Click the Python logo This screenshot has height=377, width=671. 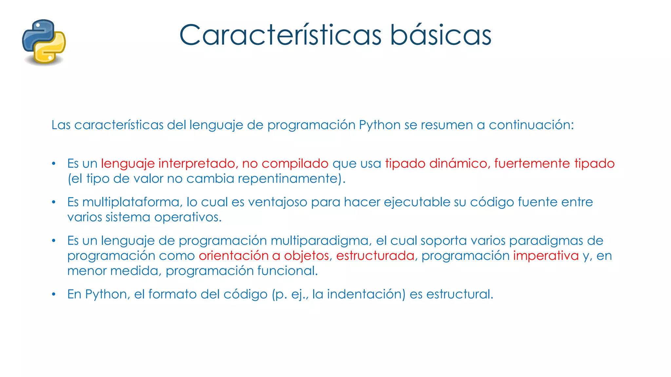(x=44, y=42)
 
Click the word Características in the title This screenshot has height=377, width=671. (x=280, y=35)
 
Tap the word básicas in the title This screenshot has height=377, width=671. (x=441, y=35)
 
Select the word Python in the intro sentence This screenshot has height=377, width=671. (x=380, y=125)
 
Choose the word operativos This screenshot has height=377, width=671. (x=187, y=217)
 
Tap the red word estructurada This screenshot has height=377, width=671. (x=375, y=256)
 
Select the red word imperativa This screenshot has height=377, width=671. (x=546, y=256)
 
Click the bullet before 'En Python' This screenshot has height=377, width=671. (x=54, y=294)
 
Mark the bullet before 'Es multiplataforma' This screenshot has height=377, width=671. (x=54, y=202)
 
